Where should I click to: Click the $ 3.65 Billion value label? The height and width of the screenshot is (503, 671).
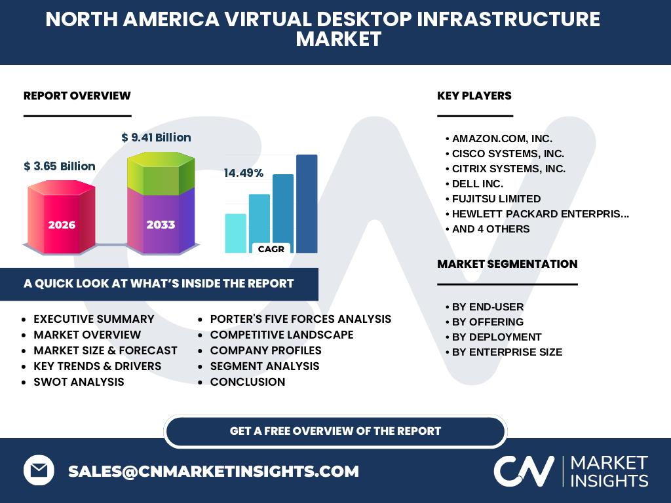60,166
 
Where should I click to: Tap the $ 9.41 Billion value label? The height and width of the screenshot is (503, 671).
156,138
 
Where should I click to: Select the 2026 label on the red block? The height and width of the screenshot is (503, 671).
62,225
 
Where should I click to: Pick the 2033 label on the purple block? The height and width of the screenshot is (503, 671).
161,225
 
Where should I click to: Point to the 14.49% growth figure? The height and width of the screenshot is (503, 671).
244,173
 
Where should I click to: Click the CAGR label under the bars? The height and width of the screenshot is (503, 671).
271,249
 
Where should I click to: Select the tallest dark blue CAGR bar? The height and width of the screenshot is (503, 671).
307,204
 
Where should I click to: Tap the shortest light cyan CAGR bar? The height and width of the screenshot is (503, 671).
236,233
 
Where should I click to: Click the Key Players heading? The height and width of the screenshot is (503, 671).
474,96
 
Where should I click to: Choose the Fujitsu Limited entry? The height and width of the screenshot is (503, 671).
496,199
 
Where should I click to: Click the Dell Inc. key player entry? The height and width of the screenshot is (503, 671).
477,184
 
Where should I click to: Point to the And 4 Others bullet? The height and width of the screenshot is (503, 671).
490,229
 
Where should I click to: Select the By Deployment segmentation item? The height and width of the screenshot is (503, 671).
497,337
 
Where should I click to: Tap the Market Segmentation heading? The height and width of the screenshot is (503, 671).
507,264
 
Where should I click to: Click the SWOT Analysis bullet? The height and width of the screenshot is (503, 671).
79,382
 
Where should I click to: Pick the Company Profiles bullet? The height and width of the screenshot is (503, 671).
266,350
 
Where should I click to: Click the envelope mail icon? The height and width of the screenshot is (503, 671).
39,470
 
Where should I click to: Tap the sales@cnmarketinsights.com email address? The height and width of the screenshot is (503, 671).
213,471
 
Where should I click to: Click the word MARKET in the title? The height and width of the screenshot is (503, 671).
339,39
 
